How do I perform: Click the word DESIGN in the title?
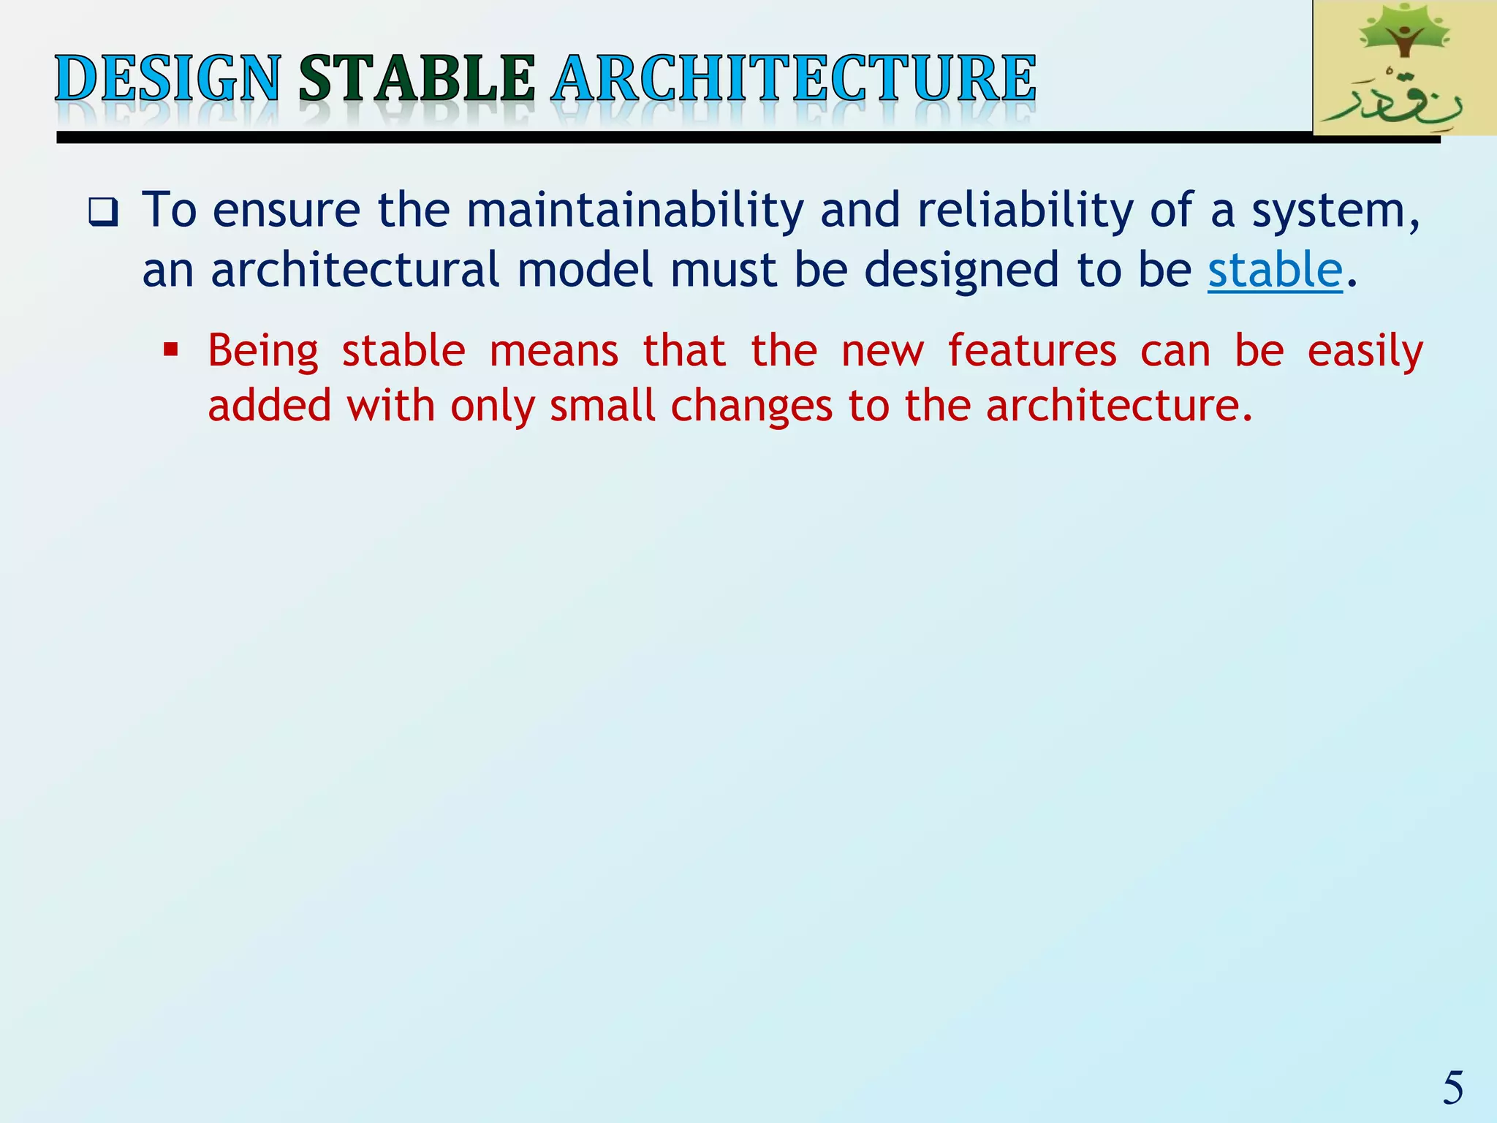coord(167,78)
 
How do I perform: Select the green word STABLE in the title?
coord(417,78)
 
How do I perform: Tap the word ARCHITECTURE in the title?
coord(794,78)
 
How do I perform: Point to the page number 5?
coord(1452,1087)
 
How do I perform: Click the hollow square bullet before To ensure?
coord(103,213)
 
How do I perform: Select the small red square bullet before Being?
coord(171,349)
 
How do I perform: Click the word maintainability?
coord(634,210)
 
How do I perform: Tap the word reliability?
coord(1025,210)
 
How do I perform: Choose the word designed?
coord(961,270)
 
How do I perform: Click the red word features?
coord(1032,350)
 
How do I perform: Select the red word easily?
coord(1365,352)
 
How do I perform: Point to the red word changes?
coord(751,407)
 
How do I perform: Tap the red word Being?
coord(263,352)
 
